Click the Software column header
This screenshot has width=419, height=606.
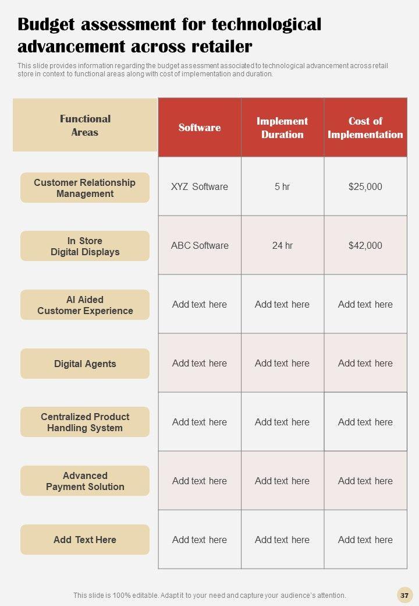coord(200,128)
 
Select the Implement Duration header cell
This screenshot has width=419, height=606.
coord(282,128)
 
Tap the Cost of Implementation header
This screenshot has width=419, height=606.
coord(365,128)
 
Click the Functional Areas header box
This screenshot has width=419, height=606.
coord(85,125)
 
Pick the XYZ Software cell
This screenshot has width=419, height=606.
coord(200,187)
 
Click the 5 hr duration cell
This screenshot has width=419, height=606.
coord(282,187)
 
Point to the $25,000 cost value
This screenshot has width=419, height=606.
coord(365,187)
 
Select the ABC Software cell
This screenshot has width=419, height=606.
coord(200,245)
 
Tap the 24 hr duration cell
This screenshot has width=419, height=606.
coord(282,245)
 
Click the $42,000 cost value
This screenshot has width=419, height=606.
coord(365,245)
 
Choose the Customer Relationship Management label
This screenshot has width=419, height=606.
coord(85,188)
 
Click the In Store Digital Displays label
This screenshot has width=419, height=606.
coord(85,246)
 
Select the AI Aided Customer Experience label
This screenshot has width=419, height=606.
coord(85,305)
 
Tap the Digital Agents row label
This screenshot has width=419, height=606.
coord(85,364)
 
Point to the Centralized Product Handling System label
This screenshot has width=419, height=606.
coord(85,422)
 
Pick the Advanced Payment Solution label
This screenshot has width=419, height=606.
coord(85,481)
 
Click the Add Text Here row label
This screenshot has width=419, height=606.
coord(85,540)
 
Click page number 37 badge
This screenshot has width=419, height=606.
coord(404,595)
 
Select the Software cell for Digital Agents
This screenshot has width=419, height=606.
coord(200,363)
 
